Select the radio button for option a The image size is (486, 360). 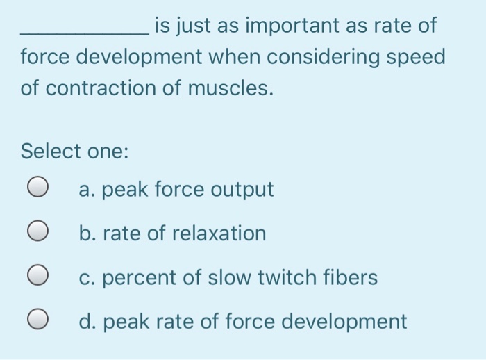[x=38, y=188]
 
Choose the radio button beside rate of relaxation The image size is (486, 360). [x=38, y=233]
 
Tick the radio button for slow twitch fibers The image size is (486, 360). [x=38, y=277]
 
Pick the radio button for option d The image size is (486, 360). [x=38, y=322]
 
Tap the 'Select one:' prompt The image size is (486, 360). [x=74, y=151]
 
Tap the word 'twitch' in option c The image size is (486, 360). [x=291, y=277]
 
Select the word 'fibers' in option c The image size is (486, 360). [x=352, y=277]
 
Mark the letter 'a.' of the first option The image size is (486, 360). [x=87, y=189]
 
